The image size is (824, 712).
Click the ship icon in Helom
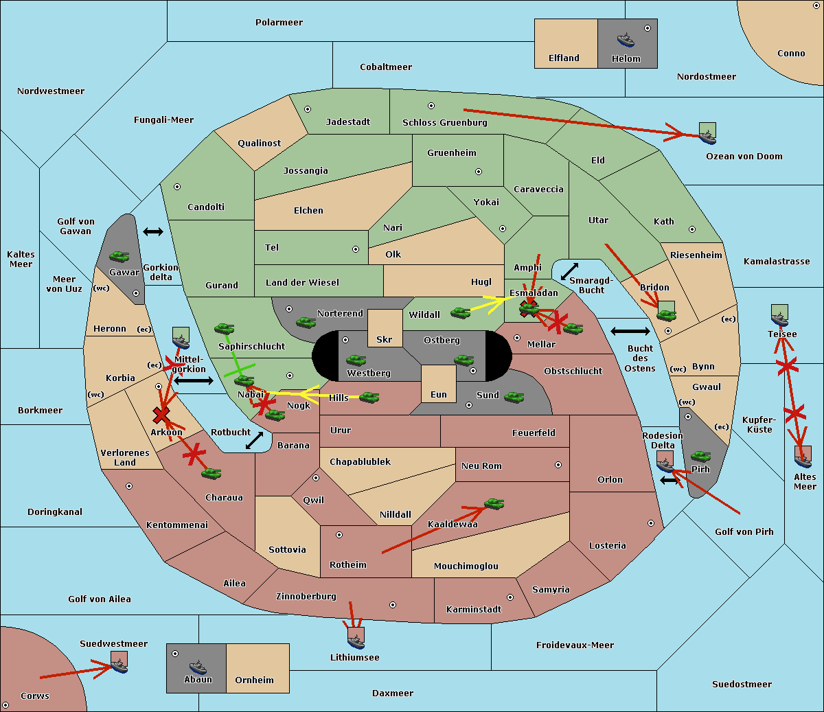626,39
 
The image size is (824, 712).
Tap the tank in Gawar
119,257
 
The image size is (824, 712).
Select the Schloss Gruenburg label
444,123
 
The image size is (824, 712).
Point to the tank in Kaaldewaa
494,504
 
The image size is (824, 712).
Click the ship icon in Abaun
198,667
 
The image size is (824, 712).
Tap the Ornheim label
254,680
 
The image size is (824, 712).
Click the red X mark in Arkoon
161,414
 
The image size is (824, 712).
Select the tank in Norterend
306,322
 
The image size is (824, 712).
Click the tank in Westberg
356,360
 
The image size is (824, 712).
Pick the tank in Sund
514,397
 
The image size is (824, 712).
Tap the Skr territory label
385,340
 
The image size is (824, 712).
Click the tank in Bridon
666,315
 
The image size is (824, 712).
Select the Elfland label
564,58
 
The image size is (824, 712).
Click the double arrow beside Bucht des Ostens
630,332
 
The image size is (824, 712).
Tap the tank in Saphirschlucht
224,329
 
